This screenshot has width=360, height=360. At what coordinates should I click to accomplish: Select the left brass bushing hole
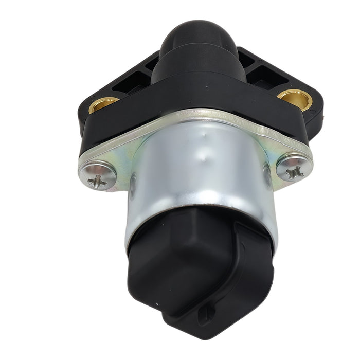pos(103,104)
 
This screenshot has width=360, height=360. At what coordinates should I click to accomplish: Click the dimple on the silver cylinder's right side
pos(266,175)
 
